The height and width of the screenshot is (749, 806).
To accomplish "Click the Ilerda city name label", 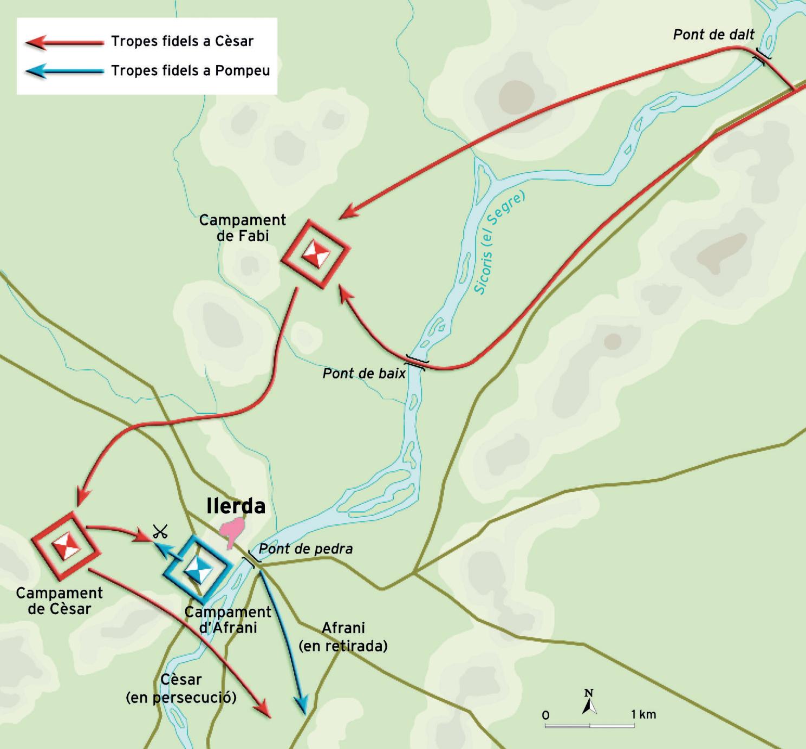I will click(236, 506).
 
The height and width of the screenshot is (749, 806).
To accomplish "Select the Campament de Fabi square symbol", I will click(315, 253).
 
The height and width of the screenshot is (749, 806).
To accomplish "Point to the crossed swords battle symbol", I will click(160, 531).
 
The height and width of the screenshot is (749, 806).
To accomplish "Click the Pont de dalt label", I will click(713, 35).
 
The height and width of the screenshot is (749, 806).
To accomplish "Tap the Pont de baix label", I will click(363, 374).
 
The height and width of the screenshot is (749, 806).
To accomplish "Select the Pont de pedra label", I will click(305, 549).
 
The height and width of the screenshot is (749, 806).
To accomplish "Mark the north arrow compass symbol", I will click(589, 702).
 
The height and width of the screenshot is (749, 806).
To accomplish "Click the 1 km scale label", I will click(643, 714).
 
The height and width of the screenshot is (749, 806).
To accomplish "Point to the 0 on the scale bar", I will click(545, 715).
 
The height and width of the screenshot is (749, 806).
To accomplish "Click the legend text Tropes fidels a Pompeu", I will click(190, 70).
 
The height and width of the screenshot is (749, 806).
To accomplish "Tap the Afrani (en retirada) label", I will click(343, 636).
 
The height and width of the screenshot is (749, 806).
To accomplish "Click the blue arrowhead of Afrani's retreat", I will click(301, 705).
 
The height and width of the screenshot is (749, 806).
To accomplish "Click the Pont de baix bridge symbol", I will click(416, 362).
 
